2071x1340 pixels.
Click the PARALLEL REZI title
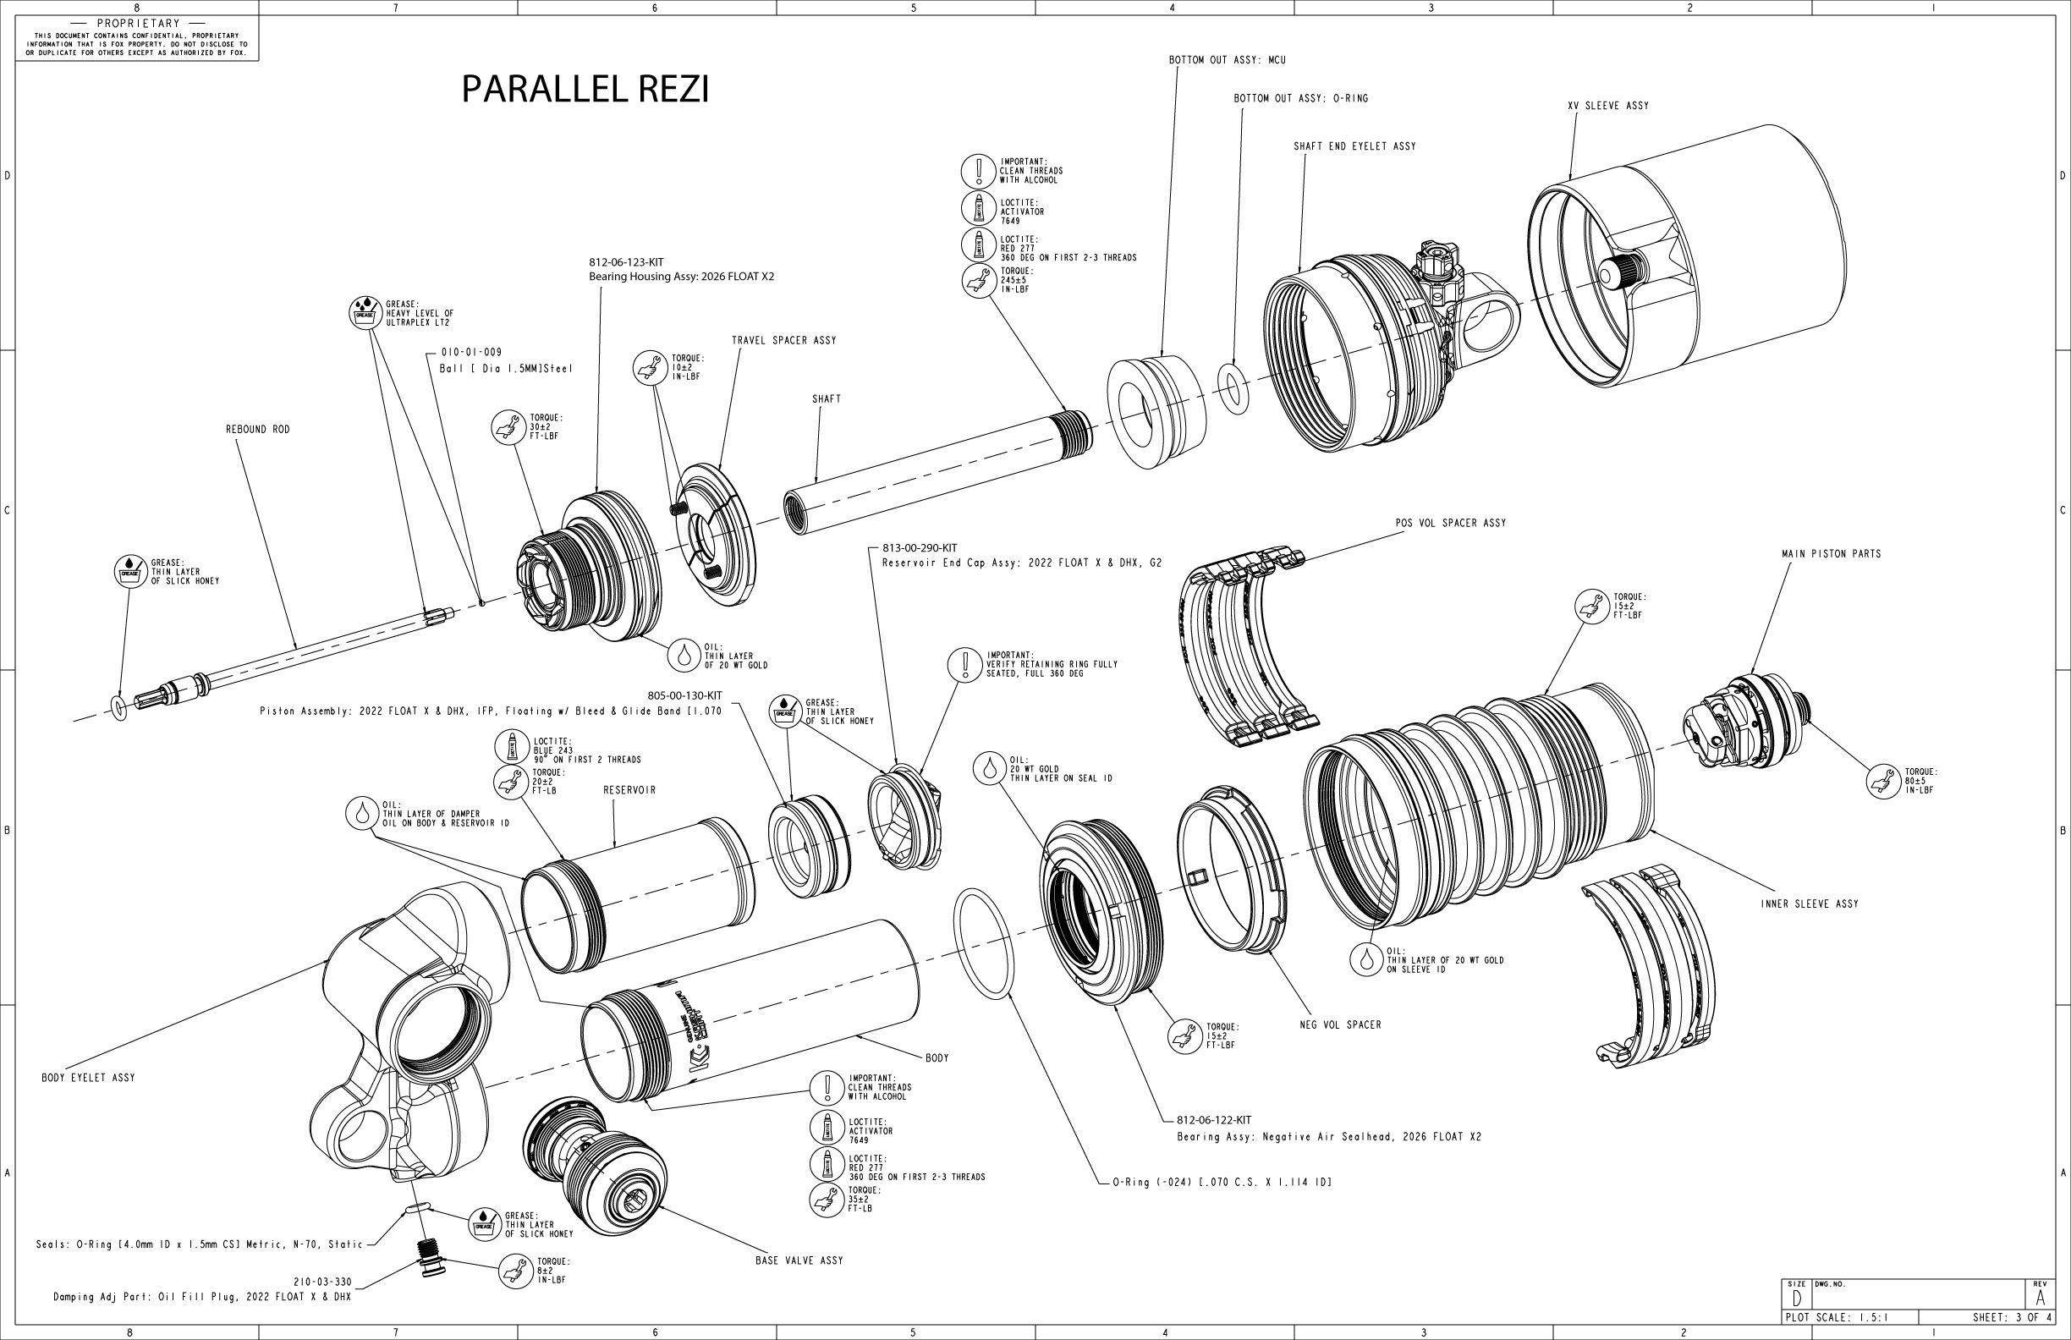tap(585, 89)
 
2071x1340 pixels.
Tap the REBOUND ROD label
tap(257, 430)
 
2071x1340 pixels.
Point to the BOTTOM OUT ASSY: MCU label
tap(1227, 61)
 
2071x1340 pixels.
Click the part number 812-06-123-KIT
tap(625, 262)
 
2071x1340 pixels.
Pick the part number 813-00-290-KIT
tap(920, 548)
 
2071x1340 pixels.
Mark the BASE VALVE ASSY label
tap(799, 1260)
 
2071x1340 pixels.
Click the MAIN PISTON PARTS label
tap(1831, 554)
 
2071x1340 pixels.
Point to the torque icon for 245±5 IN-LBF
tap(979, 280)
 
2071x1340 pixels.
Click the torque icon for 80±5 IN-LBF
tap(1884, 781)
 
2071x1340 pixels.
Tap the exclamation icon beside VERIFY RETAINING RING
tap(966, 665)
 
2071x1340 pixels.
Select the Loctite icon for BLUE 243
tap(511, 747)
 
